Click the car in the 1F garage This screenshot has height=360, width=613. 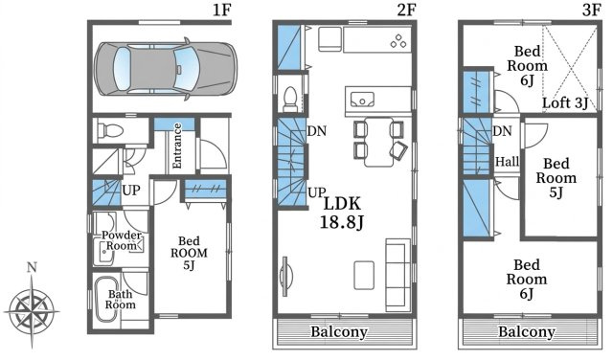pyautogui.click(x=166, y=69)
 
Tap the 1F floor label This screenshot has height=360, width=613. pyautogui.click(x=221, y=11)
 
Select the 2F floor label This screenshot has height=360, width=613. pyautogui.click(x=406, y=11)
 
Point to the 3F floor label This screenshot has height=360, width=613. pyautogui.click(x=591, y=11)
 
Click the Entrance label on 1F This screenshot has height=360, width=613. pyautogui.click(x=177, y=146)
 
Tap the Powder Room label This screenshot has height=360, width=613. pyautogui.click(x=122, y=240)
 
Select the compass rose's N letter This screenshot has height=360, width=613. pyautogui.click(x=32, y=267)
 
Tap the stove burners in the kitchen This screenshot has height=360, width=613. pyautogui.click(x=398, y=41)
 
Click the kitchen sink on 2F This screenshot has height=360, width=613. pyautogui.click(x=362, y=100)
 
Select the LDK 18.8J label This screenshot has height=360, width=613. pyautogui.click(x=342, y=213)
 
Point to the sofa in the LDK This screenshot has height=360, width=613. pyautogui.click(x=398, y=275)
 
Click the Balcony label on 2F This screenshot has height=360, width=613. pyautogui.click(x=339, y=332)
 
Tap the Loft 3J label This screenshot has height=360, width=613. pyautogui.click(x=565, y=102)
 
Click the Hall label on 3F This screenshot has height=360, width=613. pyautogui.click(x=507, y=162)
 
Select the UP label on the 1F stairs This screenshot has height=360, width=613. pyautogui.click(x=131, y=191)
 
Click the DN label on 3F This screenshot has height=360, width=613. pyautogui.click(x=502, y=131)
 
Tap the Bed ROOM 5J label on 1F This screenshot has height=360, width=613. pyautogui.click(x=189, y=253)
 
